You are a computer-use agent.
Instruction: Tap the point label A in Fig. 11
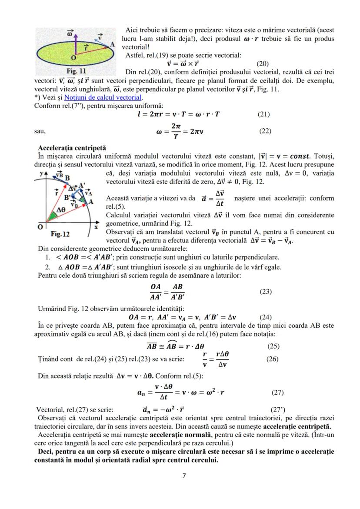pyautogui.click(x=112, y=44)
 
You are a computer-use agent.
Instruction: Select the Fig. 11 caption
pyautogui.click(x=77, y=71)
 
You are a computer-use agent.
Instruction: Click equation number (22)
pyautogui.click(x=265, y=131)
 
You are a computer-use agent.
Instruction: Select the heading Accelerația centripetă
pyautogui.click(x=72, y=148)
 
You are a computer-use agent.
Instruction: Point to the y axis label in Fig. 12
pyautogui.click(x=40, y=173)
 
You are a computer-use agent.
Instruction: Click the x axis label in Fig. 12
pyautogui.click(x=96, y=227)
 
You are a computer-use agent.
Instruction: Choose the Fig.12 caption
pyautogui.click(x=60, y=234)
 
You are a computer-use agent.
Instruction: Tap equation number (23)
pyautogui.click(x=265, y=292)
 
